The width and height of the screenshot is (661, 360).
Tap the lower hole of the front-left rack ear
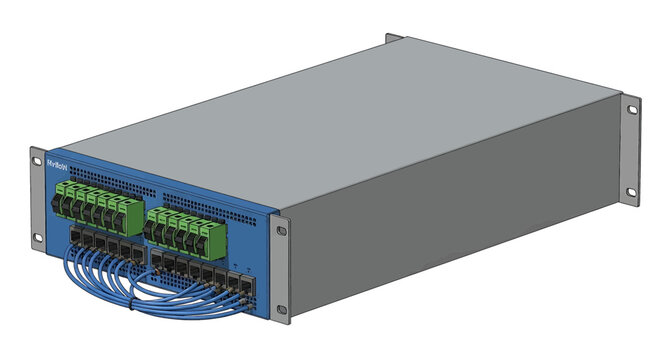click(37, 237)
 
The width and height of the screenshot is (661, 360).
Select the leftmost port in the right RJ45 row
click(159, 259)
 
